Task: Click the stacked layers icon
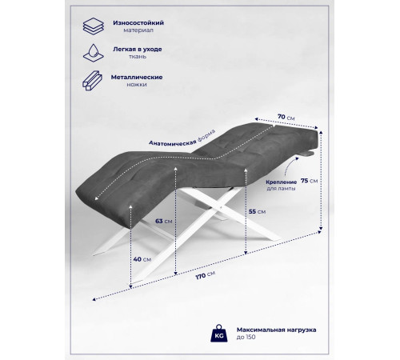pos(93,26)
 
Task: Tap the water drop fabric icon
pos(93,53)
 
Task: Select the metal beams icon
pos(92,81)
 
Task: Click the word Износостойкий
pos(138,23)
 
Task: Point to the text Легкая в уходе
pos(138,50)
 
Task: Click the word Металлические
pos(137,78)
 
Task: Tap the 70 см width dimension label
pos(286,117)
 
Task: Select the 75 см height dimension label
pos(309,181)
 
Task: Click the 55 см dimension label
pos(257,212)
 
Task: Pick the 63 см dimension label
pos(163,222)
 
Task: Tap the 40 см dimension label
pos(142,259)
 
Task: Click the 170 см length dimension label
pos(206,275)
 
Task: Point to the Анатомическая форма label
pos(182,138)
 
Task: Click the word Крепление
pos(281,182)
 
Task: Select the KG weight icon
pos(219,334)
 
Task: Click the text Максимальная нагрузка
pos(276,330)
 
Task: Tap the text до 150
pos(246,337)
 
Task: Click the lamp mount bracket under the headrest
pos(307,154)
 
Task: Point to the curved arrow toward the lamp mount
pos(290,166)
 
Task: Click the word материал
pos(138,30)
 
